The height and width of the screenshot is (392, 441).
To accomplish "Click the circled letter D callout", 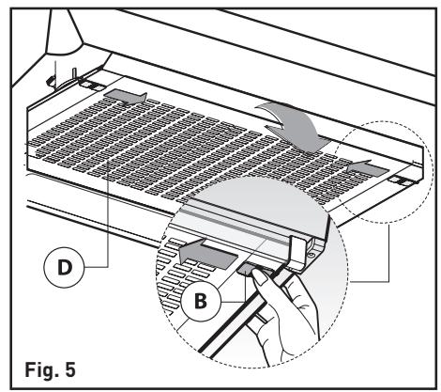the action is click(64, 267).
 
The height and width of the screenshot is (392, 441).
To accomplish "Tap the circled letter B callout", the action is click(201, 301).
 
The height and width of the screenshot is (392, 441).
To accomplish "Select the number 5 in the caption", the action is click(70, 369).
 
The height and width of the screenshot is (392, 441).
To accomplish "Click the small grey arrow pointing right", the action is click(125, 97).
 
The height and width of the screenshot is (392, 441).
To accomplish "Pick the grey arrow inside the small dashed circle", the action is click(368, 168).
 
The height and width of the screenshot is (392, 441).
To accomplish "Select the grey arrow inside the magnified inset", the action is click(208, 254).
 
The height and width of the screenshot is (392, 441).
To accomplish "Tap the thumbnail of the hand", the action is click(259, 277).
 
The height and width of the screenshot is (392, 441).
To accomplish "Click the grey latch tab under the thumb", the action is click(246, 269).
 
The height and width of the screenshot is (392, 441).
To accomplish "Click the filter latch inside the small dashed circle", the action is click(402, 180).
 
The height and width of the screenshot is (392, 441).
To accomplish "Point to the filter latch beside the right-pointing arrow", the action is click(92, 86).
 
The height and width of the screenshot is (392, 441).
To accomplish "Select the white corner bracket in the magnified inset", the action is click(297, 252).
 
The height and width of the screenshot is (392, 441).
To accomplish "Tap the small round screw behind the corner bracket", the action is click(311, 255).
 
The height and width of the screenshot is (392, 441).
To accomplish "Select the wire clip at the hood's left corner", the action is click(50, 82).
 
